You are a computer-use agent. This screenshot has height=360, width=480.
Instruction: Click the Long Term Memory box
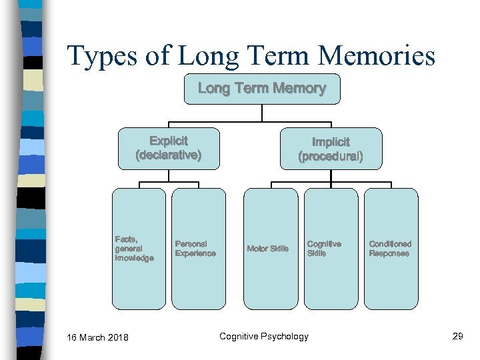click(x=262, y=89)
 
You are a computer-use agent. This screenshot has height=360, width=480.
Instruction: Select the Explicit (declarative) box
click(x=169, y=148)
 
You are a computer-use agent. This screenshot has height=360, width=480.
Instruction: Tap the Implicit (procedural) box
click(x=331, y=149)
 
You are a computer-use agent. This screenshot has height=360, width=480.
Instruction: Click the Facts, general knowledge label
click(x=134, y=248)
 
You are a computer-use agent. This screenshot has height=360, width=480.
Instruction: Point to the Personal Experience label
click(x=195, y=249)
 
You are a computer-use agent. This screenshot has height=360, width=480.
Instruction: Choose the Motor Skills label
click(x=268, y=249)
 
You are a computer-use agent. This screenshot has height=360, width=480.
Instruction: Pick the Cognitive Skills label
click(x=324, y=249)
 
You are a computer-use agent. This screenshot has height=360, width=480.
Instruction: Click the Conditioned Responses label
click(x=390, y=249)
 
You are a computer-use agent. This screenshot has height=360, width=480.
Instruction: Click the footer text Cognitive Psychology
click(x=264, y=336)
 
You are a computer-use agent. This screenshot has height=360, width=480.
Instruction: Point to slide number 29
click(x=457, y=336)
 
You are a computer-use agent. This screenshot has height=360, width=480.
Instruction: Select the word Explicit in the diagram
click(x=169, y=141)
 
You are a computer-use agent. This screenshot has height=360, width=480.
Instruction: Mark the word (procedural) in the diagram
click(x=331, y=157)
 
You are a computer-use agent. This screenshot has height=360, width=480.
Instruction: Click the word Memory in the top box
click(x=300, y=88)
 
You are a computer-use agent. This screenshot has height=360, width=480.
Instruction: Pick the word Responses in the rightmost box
click(x=389, y=253)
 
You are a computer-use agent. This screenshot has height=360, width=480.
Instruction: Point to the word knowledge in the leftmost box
click(x=134, y=258)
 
